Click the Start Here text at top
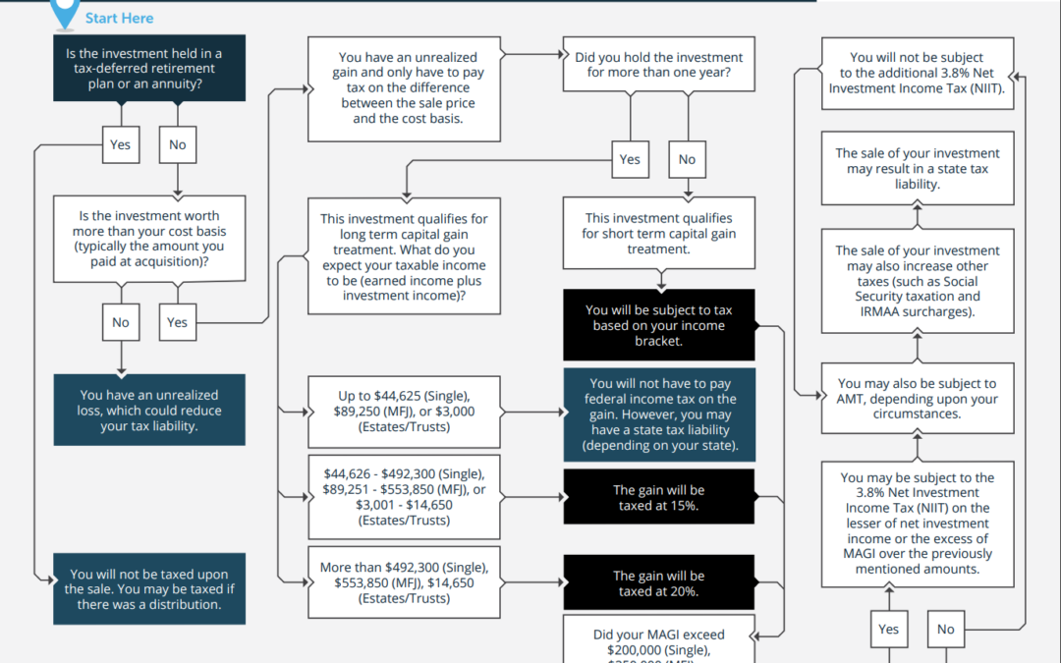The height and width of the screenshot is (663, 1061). click(x=119, y=18)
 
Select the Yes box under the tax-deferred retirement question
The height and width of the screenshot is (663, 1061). click(x=120, y=144)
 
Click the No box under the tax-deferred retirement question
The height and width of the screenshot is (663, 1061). click(x=177, y=144)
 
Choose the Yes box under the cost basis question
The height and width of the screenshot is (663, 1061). click(x=177, y=322)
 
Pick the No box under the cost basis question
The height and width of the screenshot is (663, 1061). click(x=120, y=322)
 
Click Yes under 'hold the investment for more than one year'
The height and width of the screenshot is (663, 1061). click(x=630, y=159)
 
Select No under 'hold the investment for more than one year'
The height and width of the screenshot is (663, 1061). click(x=687, y=159)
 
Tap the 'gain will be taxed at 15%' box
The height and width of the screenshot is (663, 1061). click(x=658, y=497)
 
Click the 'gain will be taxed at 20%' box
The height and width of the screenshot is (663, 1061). click(x=658, y=583)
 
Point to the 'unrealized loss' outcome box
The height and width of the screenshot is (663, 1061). click(x=149, y=411)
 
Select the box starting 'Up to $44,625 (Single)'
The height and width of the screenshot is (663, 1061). click(x=406, y=411)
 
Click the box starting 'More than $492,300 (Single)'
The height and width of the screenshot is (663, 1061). click(x=406, y=582)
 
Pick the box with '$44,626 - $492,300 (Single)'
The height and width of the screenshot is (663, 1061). click(x=406, y=497)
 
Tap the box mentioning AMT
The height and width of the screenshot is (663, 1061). click(x=917, y=399)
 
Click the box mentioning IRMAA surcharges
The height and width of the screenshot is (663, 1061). click(x=917, y=281)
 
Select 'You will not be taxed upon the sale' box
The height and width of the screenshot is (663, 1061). click(x=149, y=589)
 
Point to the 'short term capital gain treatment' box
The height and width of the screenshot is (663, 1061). click(x=658, y=234)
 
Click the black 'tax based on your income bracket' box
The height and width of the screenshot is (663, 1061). click(x=658, y=325)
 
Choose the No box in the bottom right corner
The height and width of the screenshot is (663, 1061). click(x=945, y=629)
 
